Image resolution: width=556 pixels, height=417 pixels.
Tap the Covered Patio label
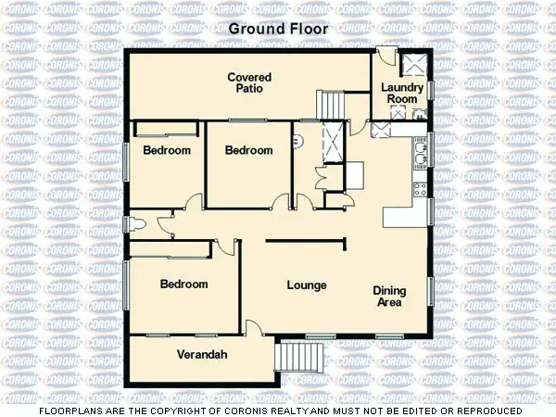coord(248,82)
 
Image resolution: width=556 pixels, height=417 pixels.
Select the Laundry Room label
coord(403,94)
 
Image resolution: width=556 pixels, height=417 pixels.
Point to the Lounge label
coord(306,284)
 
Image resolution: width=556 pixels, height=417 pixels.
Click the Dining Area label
coord(389,296)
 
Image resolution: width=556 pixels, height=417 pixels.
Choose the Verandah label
coord(202,355)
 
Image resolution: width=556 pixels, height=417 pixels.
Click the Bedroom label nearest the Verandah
coord(183,284)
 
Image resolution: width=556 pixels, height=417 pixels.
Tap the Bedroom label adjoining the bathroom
coord(249,150)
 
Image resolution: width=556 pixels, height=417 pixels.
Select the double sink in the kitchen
coord(423,154)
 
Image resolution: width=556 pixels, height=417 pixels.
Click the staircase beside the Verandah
coord(302,356)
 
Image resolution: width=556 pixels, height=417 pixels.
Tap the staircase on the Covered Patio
coord(331,104)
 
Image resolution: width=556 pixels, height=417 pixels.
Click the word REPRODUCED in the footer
coord(486,410)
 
